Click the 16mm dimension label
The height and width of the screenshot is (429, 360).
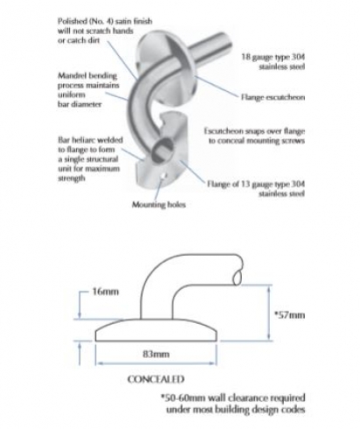105,292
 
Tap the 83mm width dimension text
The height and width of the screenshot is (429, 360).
156,354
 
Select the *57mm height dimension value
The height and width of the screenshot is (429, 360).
289,315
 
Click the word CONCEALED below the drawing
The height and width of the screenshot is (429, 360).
156,379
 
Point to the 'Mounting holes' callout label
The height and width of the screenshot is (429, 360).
159,204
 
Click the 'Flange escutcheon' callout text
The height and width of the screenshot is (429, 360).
272,97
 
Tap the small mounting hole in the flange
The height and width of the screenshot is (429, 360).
165,176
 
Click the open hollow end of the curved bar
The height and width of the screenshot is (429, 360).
162,150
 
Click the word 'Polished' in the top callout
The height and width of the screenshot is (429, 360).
72,21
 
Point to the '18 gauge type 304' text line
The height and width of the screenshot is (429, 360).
273,57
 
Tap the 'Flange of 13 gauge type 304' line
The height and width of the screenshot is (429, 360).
256,184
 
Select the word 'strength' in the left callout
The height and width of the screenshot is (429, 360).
72,178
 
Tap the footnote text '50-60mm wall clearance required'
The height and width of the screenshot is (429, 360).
233,397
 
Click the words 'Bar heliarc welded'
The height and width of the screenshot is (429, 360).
90,140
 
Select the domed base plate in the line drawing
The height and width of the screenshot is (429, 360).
156,330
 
